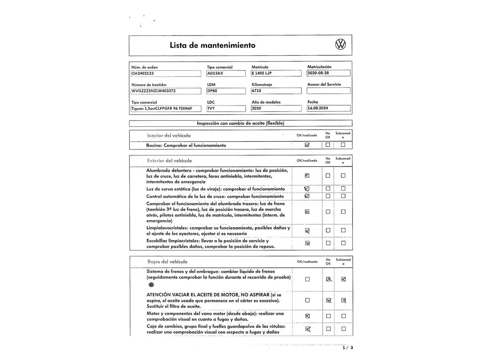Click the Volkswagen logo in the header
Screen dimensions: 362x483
(340, 44)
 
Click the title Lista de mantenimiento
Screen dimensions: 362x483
(212, 45)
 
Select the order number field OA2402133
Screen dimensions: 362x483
(166, 73)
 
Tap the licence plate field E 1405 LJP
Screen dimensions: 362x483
(276, 73)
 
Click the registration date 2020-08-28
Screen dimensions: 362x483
(328, 73)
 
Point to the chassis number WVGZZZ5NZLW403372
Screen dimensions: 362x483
(166, 91)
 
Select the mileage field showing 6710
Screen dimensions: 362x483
(276, 91)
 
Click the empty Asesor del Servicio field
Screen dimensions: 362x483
(328, 90)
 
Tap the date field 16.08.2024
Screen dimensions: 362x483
(328, 108)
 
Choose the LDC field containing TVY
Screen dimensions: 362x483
(226, 108)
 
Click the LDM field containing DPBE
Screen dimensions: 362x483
(226, 91)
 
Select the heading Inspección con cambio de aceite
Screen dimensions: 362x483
(240, 123)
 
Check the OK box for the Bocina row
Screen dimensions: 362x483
(307, 145)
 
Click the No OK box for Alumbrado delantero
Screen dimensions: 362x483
(328, 176)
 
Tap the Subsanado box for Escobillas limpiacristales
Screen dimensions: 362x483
(343, 243)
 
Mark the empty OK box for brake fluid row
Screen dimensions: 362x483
(307, 279)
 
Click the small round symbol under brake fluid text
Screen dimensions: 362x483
(151, 285)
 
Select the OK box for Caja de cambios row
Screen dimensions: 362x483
(308, 329)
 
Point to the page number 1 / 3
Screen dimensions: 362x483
(347, 348)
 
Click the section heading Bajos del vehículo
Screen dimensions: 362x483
(167, 262)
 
